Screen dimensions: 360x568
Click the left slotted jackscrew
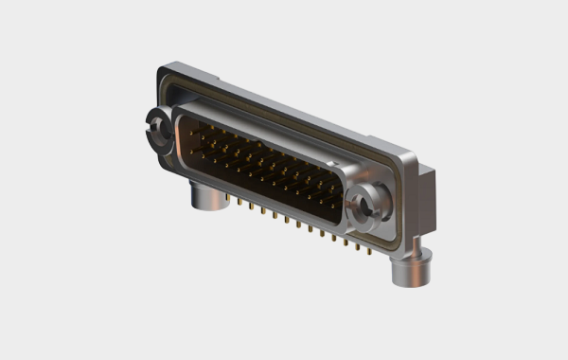tap(155, 131)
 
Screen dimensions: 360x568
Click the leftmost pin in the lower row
tap(192, 151)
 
